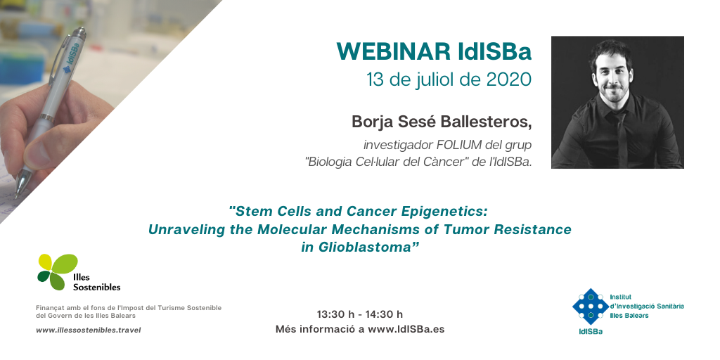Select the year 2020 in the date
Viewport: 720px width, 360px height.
tap(509, 80)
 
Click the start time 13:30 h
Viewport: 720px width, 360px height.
tap(335, 314)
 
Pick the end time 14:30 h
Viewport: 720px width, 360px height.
tap(384, 314)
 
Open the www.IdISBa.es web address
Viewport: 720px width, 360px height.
tap(406, 329)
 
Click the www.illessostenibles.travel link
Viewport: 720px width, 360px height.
tap(88, 330)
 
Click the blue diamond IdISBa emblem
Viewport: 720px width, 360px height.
tap(591, 307)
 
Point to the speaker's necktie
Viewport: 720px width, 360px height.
tap(622, 138)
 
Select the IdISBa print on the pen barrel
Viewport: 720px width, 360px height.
tap(71, 58)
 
